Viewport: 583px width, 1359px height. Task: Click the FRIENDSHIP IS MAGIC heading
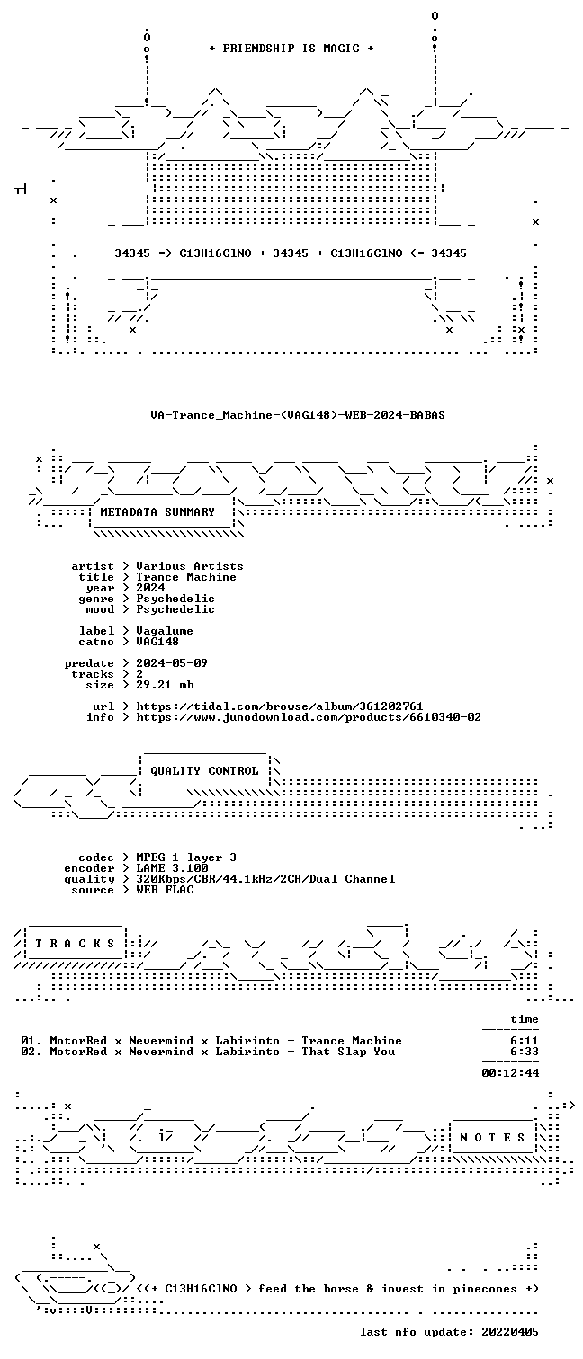[291, 49]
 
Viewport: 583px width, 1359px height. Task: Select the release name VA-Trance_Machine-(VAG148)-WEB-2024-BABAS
[298, 415]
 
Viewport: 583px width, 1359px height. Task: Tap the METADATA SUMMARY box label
[157, 512]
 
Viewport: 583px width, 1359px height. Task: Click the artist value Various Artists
[190, 566]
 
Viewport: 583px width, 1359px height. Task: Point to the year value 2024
[150, 588]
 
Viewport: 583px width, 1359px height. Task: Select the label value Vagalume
[165, 631]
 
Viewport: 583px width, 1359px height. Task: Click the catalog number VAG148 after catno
[157, 642]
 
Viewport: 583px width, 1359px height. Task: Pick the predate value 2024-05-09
[172, 663]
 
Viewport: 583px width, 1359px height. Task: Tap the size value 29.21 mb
[165, 685]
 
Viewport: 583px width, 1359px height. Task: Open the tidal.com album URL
[279, 706]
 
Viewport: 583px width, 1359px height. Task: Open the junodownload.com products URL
[309, 718]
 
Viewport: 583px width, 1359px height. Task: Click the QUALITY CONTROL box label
[204, 771]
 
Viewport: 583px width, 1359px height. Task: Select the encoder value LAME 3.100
[172, 868]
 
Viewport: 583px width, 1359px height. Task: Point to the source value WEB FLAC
[165, 890]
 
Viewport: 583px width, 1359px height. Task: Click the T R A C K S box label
[75, 944]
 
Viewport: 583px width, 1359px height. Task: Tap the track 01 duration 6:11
[525, 1041]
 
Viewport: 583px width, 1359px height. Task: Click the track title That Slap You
[348, 1052]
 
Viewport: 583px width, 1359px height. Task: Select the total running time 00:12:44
[510, 1073]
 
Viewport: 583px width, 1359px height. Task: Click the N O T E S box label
[492, 1138]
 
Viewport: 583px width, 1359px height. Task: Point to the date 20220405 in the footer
[510, 1332]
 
